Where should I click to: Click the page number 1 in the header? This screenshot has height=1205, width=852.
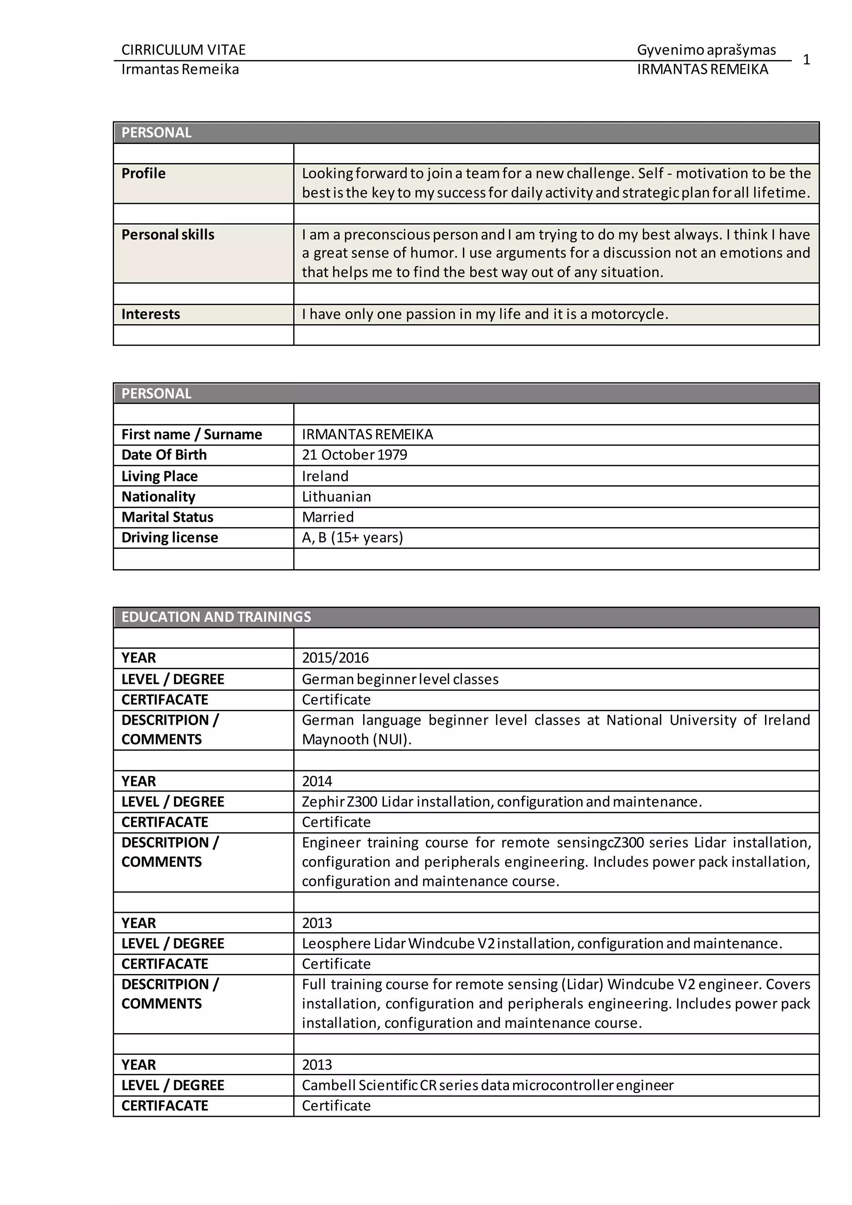tap(806, 60)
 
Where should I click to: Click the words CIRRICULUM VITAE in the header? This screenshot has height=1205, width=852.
tap(183, 50)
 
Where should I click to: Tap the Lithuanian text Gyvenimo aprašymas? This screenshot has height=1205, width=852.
tap(706, 50)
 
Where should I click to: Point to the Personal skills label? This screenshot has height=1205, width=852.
tap(168, 235)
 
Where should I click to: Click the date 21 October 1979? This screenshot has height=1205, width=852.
tap(354, 455)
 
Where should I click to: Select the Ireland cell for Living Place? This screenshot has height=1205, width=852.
tap(325, 476)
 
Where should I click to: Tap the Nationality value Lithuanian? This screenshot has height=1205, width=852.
tap(336, 497)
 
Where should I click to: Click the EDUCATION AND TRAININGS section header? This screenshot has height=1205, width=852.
tap(216, 617)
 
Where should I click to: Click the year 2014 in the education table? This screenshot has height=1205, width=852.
tap(317, 781)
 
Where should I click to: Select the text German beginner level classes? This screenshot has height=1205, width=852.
tap(400, 679)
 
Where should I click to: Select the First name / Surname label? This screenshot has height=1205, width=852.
tap(191, 434)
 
